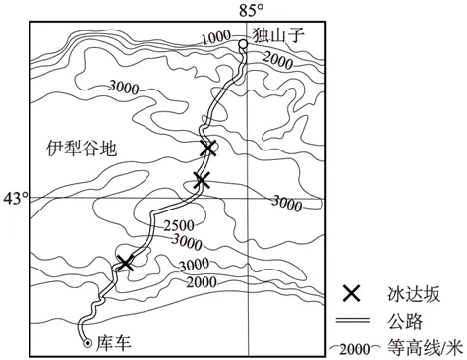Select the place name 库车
113,343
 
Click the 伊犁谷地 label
80,150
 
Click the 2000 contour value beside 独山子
282,62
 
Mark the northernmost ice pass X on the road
207,148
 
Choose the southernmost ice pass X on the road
125,262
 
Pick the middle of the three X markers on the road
202,180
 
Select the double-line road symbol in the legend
351,320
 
